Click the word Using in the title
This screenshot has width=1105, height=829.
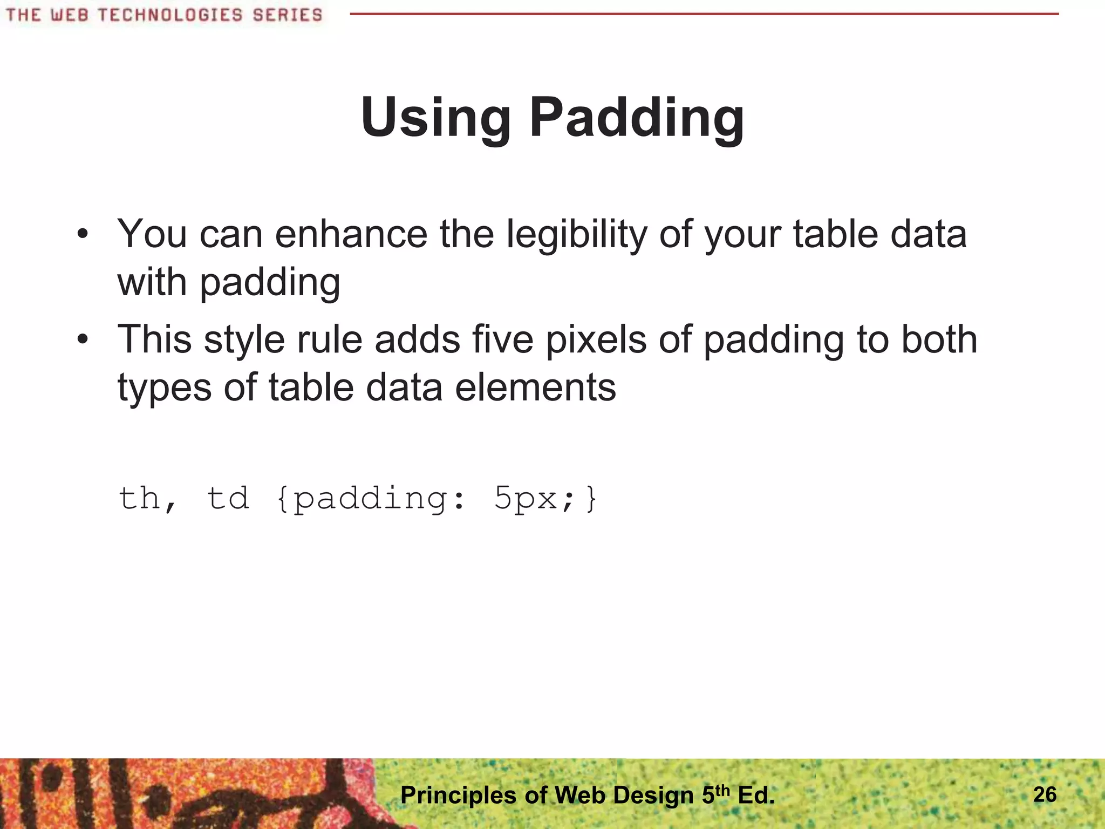(435, 118)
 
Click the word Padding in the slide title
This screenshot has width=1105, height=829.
(637, 118)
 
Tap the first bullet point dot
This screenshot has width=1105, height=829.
(82, 234)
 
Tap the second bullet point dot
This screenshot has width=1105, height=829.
(82, 339)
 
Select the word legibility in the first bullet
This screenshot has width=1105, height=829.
(576, 235)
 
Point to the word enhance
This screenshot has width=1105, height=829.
(351, 234)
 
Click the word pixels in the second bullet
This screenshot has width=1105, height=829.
(596, 340)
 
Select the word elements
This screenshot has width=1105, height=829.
(535, 388)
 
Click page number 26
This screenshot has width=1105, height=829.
(1045, 794)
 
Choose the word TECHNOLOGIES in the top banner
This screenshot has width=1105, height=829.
(170, 15)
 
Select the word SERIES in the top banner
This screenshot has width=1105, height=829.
(288, 15)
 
